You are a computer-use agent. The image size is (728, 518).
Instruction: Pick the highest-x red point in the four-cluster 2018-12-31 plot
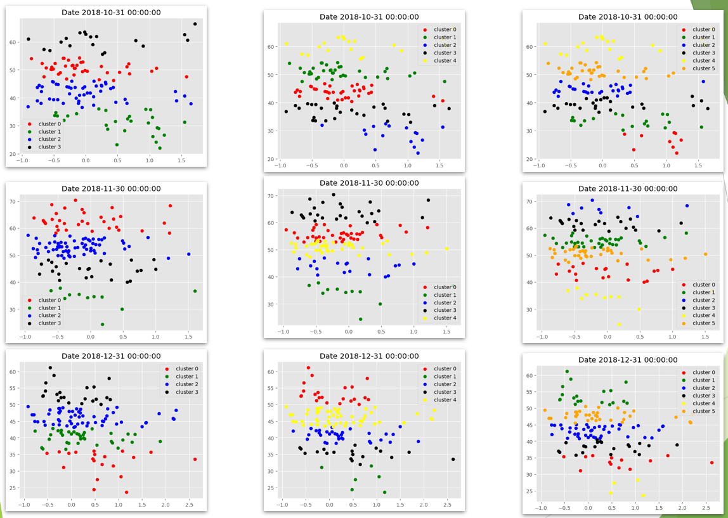(x=195, y=459)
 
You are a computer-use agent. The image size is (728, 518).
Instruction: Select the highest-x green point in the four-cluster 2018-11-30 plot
(x=195, y=291)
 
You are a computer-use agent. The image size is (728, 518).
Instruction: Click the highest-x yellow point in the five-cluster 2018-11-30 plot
(x=446, y=249)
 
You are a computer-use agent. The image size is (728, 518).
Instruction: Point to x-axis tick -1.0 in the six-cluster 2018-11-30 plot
(x=542, y=336)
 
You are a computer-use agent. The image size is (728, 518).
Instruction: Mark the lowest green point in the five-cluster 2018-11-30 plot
(x=360, y=319)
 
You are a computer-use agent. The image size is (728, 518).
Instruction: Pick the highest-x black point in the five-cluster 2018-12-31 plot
(x=453, y=459)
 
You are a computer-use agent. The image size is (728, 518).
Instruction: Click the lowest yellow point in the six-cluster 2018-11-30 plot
(x=619, y=324)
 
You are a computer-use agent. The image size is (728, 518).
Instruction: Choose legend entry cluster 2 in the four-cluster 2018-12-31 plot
(x=186, y=384)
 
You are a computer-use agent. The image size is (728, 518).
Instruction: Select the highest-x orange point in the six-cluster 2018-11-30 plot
(x=705, y=254)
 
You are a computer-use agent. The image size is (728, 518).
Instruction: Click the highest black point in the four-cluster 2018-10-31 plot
(x=195, y=24)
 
